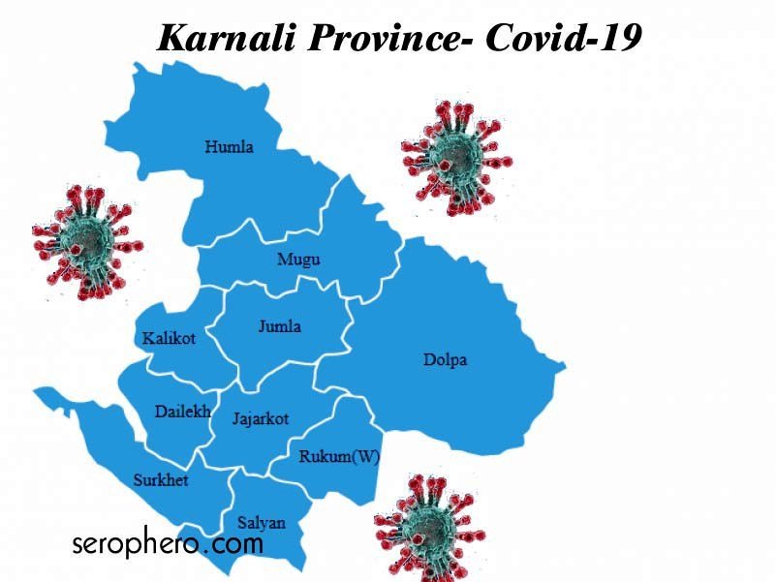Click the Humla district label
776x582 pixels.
click(x=229, y=147)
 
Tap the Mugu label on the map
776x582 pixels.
click(x=298, y=260)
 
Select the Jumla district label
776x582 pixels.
click(x=279, y=326)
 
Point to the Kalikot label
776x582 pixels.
click(x=169, y=338)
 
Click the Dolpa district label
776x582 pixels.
click(x=445, y=360)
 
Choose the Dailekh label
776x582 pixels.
click(x=183, y=412)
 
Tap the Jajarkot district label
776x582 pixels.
click(x=261, y=418)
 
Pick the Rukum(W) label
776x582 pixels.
click(x=338, y=457)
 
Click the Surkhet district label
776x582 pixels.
click(x=161, y=480)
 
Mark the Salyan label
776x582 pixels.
click(x=262, y=523)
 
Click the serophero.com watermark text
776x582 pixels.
click(x=167, y=544)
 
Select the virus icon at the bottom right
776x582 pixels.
click(x=427, y=525)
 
